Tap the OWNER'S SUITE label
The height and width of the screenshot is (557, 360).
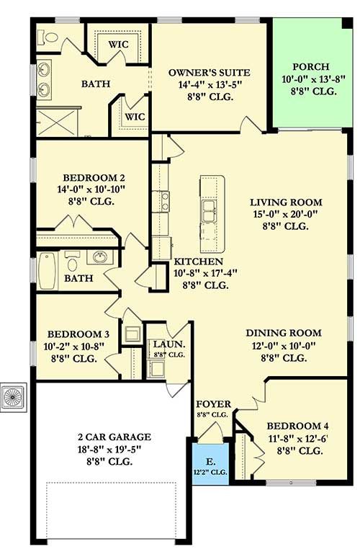pos(209,73)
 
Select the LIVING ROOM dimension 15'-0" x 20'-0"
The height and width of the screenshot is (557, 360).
pos(286,214)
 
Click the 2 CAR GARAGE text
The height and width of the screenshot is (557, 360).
pos(114,436)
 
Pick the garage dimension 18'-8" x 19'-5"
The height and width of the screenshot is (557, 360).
pos(114,449)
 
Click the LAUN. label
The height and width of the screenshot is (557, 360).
pos(167,344)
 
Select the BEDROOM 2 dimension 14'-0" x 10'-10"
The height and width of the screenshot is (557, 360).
pos(94,190)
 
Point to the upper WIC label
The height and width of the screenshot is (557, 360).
pos(118,44)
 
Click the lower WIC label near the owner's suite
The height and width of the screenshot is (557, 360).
pos(134,115)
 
